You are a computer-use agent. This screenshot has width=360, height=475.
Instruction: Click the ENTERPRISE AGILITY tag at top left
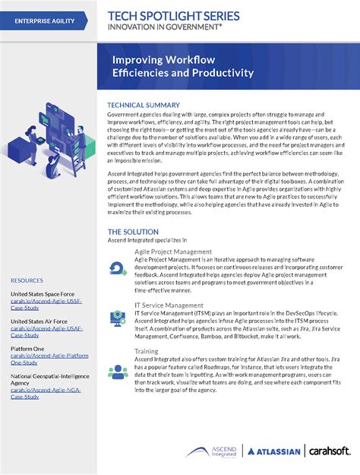pyautogui.click(x=45, y=21)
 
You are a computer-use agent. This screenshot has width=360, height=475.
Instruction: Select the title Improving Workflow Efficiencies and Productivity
pyautogui.click(x=182, y=66)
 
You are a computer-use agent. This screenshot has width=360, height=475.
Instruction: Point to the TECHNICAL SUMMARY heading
pyautogui.click(x=144, y=105)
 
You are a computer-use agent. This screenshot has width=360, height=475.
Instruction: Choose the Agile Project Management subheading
pyautogui.click(x=172, y=251)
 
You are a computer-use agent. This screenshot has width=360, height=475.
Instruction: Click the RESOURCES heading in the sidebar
pyautogui.click(x=27, y=280)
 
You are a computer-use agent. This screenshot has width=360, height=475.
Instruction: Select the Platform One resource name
pyautogui.click(x=27, y=349)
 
